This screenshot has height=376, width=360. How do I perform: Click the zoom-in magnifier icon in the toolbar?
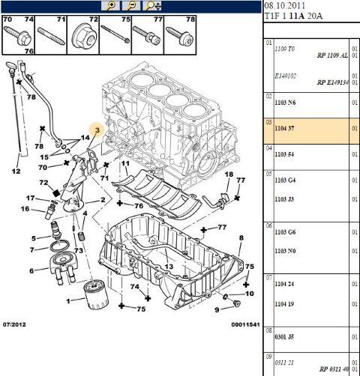click(111, 6)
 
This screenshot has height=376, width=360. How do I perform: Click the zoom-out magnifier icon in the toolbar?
click(131, 6)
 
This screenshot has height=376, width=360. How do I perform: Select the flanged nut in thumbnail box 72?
click(83, 35)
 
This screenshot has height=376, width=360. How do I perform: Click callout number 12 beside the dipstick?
click(16, 172)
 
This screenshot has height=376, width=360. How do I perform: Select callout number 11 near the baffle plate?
click(125, 163)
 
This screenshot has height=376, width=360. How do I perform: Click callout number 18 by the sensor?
click(228, 174)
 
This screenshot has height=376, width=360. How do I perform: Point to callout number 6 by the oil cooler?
click(31, 271)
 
